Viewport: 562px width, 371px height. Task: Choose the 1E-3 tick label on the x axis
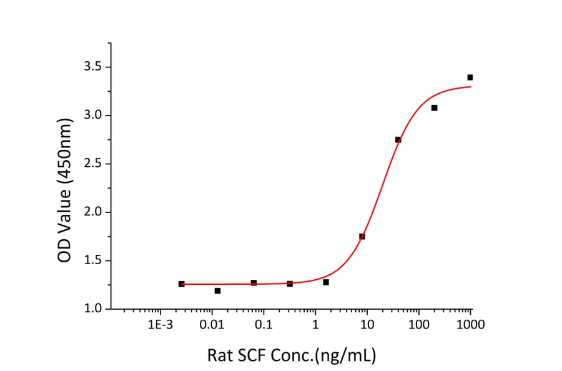(160, 325)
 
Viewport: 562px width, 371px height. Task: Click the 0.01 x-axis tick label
(212, 325)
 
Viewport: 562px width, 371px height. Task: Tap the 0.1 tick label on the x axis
(264, 325)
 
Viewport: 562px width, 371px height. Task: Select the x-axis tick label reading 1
(315, 325)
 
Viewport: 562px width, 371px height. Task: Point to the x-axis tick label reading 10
(367, 325)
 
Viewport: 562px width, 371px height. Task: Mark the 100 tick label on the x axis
(419, 325)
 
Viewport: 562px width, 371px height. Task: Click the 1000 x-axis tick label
(471, 325)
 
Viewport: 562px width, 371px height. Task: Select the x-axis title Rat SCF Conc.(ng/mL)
(291, 356)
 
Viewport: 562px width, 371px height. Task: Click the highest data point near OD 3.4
(470, 77)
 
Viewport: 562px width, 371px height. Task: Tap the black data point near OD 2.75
(398, 139)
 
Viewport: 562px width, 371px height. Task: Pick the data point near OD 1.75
(362, 236)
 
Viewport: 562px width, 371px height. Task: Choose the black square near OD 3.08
(434, 107)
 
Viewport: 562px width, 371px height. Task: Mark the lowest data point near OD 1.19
(217, 290)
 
